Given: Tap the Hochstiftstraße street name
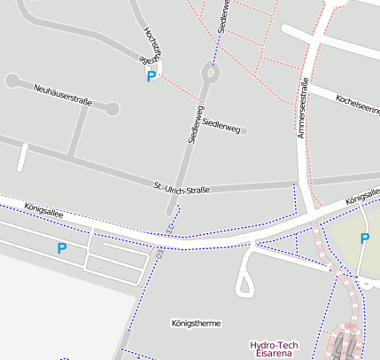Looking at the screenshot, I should point(150,43).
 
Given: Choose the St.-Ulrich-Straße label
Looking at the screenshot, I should point(181,188).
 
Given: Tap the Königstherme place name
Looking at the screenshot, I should point(196,324).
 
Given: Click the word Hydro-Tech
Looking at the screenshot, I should point(273,344).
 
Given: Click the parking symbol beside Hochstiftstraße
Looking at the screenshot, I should point(151,77).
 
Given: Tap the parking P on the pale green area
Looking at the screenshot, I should point(364,239).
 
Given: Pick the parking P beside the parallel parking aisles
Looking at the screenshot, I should point(61,249).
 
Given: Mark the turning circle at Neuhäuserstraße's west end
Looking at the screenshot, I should point(12,81).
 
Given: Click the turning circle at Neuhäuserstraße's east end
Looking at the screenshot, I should point(112,109).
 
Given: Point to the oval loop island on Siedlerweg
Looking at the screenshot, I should point(209,74).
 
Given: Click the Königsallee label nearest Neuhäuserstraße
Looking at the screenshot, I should point(43,207).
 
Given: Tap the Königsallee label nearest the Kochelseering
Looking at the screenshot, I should point(362,203).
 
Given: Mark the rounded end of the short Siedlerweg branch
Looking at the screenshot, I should point(243,131).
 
